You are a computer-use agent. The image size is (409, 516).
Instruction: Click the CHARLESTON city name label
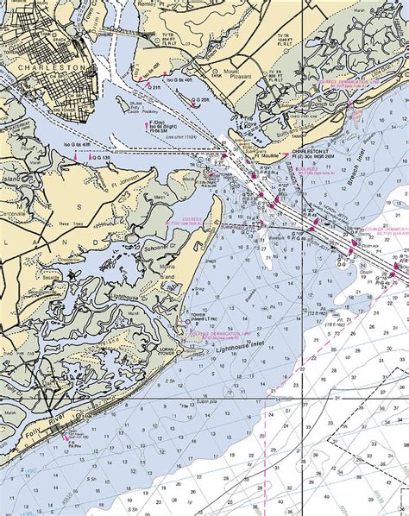53,67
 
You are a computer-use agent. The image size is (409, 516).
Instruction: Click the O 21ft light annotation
154,88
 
